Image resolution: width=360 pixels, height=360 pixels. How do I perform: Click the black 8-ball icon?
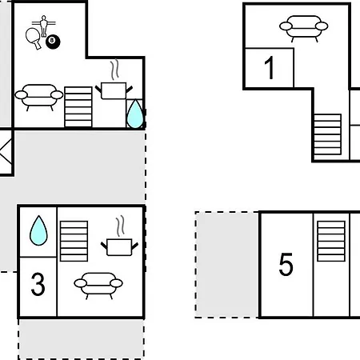(x=53, y=42)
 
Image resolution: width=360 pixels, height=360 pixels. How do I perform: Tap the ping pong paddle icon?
(x=34, y=38)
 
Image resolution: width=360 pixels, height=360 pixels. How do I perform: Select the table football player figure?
(x=44, y=26)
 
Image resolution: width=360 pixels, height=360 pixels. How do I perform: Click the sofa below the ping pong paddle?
(x=39, y=97)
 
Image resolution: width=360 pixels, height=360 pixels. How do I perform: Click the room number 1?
(x=270, y=68)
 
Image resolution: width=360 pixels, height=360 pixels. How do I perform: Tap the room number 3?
(x=38, y=284)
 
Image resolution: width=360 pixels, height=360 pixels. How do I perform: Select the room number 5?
(x=286, y=264)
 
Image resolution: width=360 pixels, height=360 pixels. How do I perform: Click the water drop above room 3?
(x=38, y=230)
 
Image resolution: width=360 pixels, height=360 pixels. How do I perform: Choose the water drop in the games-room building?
(x=135, y=114)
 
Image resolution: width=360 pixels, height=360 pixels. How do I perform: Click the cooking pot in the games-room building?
(x=114, y=90)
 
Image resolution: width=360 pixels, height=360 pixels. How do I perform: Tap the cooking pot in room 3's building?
(x=119, y=247)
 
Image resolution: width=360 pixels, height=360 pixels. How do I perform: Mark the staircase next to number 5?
(x=331, y=241)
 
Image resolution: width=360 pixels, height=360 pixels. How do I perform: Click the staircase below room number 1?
(x=327, y=134)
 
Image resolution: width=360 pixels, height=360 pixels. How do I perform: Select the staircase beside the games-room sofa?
(x=78, y=106)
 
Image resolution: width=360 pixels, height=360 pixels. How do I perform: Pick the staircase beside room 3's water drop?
(x=74, y=241)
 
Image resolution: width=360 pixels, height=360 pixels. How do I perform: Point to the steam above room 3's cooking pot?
(x=120, y=226)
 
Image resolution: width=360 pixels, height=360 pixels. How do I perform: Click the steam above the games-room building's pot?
(x=114, y=70)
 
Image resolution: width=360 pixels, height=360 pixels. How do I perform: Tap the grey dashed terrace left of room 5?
(x=226, y=265)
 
